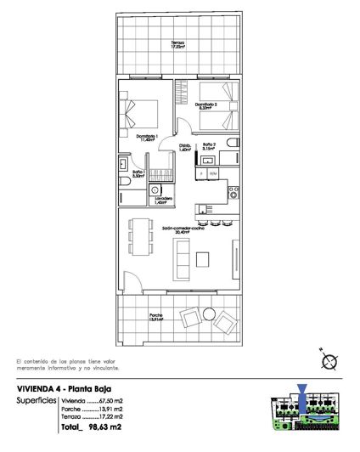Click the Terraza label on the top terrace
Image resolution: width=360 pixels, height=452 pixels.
click(176, 44)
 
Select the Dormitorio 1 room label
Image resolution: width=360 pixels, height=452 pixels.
click(145, 138)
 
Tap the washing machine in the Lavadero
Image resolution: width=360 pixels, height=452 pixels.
click(160, 187)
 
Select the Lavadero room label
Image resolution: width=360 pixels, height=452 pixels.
click(163, 201)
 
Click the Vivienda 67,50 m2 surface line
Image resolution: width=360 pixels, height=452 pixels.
click(93, 400)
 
